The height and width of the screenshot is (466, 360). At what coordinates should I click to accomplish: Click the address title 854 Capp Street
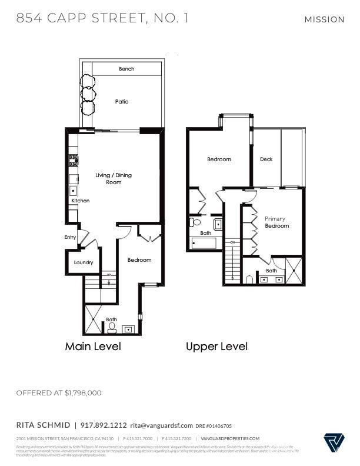102,18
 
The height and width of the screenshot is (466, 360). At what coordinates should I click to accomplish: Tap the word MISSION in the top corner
324,19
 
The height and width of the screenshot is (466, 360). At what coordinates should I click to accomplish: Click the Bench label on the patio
126,69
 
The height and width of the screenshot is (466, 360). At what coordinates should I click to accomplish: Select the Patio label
122,102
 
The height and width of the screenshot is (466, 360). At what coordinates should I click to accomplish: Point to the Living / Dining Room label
114,179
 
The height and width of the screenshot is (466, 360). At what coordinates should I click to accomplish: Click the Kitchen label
81,201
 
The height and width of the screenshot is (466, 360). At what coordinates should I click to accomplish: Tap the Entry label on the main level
71,238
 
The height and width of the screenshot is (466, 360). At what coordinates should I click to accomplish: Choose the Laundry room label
84,262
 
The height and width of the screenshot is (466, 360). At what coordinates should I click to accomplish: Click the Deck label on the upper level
266,159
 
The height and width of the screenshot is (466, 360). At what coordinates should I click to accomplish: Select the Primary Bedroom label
276,222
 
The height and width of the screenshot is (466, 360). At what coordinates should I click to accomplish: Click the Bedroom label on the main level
139,260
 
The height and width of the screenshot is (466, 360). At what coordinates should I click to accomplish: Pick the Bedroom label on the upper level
219,159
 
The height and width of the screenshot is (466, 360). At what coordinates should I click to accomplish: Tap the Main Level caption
93,347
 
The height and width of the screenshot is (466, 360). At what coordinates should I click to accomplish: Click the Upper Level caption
216,347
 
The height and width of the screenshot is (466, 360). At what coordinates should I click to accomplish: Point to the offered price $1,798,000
59,392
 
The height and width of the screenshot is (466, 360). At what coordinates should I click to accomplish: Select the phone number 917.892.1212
104,425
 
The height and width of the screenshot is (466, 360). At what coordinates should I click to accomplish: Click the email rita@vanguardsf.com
161,425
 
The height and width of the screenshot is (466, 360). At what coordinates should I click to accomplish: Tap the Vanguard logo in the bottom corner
333,441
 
